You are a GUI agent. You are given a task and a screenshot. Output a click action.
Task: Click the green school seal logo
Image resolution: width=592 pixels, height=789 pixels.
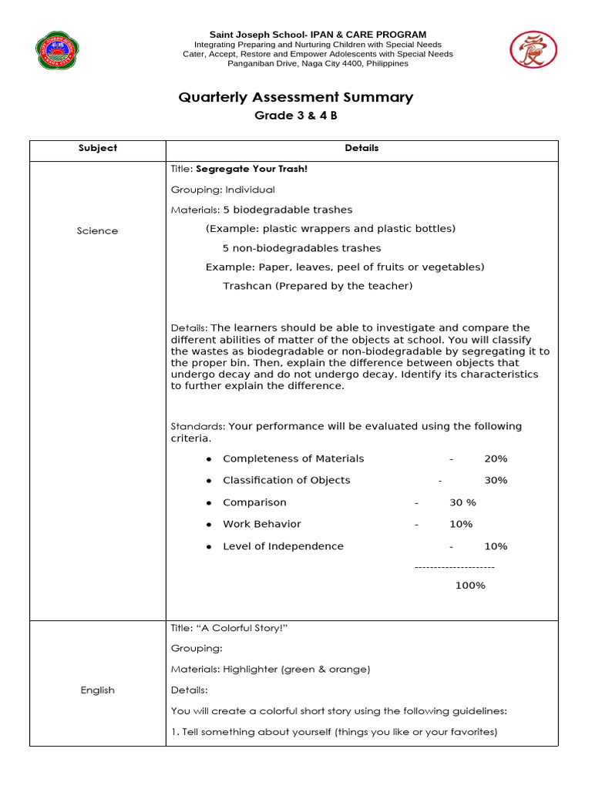(59, 51)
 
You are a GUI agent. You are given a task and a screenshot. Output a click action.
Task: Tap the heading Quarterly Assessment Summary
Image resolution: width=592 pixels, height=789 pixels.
(296, 97)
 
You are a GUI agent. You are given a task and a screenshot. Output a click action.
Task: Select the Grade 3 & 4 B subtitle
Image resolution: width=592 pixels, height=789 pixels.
(296, 116)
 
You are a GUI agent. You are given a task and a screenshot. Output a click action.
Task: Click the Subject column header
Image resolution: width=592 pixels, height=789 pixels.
(98, 148)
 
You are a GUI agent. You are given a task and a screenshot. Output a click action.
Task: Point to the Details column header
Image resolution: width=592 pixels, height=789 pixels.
(362, 148)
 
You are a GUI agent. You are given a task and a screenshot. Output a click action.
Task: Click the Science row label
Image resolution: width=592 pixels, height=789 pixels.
(98, 230)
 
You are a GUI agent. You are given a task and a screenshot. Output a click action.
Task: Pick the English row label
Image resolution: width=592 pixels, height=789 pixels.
(98, 690)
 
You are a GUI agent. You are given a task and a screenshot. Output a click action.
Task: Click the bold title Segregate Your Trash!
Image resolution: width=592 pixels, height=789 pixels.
(252, 169)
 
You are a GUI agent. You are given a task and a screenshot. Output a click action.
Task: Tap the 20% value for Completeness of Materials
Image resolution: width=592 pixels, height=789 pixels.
(496, 458)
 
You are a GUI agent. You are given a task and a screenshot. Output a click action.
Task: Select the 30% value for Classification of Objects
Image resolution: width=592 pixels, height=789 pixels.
(496, 480)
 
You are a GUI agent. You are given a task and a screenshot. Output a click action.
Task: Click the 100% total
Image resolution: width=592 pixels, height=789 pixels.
(470, 586)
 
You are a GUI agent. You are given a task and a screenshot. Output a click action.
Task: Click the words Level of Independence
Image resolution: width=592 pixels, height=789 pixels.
(283, 546)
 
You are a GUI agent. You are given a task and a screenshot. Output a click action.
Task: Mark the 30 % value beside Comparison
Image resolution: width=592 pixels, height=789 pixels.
(462, 502)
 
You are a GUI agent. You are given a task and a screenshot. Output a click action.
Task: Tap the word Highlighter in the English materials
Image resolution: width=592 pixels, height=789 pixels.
(248, 670)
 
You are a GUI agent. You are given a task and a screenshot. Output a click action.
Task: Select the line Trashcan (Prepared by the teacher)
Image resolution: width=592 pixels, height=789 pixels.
(318, 286)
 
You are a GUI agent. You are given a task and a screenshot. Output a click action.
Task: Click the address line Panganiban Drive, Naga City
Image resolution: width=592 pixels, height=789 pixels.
(318, 64)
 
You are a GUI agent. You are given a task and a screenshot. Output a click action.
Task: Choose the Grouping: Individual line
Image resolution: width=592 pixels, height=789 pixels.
(223, 190)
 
